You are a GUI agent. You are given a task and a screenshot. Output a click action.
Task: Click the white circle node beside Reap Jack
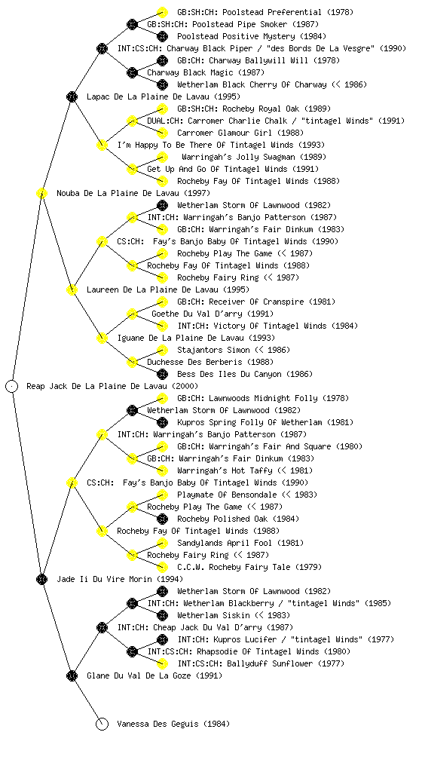12,387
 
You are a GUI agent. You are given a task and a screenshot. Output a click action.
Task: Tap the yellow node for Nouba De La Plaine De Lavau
41,194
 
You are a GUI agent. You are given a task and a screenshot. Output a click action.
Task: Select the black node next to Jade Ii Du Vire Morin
41,580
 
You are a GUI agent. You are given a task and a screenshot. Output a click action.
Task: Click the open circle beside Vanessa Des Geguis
102,725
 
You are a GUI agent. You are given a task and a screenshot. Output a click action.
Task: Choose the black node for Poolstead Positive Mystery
162,36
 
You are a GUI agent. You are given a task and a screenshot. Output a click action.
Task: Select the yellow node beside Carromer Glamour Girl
162,133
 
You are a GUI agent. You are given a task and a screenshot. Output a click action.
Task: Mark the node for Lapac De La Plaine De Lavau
72,97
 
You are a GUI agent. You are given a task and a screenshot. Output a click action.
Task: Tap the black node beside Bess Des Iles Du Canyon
162,374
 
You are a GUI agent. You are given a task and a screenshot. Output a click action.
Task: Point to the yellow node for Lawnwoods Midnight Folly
162,398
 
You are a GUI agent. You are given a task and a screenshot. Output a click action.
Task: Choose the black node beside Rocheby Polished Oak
162,519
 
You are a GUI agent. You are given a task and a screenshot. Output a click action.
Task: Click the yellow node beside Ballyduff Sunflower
162,663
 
